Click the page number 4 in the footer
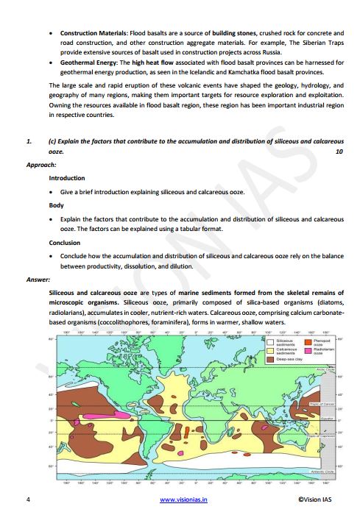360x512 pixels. click(27, 500)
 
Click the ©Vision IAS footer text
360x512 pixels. click(319, 500)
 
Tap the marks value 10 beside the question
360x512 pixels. click(339, 151)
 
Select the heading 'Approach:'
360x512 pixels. click(40, 166)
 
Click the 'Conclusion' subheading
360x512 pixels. click(65, 242)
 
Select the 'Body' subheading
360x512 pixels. click(56, 205)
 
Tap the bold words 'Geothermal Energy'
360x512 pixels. click(86, 63)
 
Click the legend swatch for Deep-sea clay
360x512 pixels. click(271, 360)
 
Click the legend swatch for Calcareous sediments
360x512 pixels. click(271, 352)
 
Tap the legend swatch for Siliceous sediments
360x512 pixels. click(271, 343)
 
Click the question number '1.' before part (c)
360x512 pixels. click(28, 139)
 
